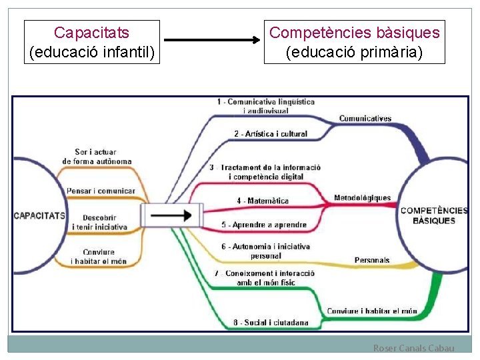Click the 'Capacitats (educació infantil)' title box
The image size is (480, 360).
(92, 42)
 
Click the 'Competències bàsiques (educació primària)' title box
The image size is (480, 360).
(354, 42)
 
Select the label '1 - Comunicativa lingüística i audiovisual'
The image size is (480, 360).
(265, 105)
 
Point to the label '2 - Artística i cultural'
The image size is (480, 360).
(271, 133)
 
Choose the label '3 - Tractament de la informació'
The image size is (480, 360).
(265, 171)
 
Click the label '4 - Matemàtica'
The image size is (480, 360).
(263, 201)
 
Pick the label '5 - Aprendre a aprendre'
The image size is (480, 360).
(264, 225)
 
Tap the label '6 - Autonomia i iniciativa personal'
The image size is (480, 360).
(265, 251)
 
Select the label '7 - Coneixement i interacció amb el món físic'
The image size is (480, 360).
(265, 277)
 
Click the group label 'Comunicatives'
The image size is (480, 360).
(365, 119)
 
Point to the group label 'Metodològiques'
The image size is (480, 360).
(362, 198)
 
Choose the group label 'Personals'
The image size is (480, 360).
(372, 259)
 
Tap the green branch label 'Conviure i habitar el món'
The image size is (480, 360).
(371, 311)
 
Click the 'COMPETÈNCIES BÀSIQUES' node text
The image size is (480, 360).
(434, 215)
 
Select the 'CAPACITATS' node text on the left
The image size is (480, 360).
(39, 215)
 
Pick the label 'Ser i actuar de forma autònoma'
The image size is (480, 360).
(97, 157)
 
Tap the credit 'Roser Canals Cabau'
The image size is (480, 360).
(413, 348)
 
